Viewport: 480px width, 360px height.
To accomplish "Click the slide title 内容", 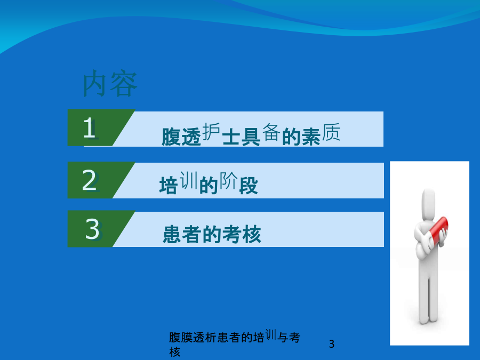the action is [110, 83].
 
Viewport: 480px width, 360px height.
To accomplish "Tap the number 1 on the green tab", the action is [90, 127].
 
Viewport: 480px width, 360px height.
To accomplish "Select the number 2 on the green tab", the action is [90, 180].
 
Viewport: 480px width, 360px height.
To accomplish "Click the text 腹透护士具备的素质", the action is [251, 134].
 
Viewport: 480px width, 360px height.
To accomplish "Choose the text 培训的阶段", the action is [209, 183].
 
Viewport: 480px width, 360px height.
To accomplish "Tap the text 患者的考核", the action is [212, 235].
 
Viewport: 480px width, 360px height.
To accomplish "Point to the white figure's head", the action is [428, 203].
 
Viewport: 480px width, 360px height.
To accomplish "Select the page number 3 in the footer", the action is [332, 344].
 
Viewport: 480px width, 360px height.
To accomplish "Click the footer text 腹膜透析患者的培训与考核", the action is [235, 343].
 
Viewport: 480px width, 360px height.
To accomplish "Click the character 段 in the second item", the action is [249, 186].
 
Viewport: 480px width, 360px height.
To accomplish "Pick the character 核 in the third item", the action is [252, 235].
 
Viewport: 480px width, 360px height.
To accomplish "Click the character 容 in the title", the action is [123, 84].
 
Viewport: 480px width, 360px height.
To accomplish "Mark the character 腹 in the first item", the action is [171, 137].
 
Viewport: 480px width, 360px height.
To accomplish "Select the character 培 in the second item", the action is [169, 186].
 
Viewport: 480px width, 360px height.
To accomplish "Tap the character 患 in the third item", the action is [172, 235].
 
